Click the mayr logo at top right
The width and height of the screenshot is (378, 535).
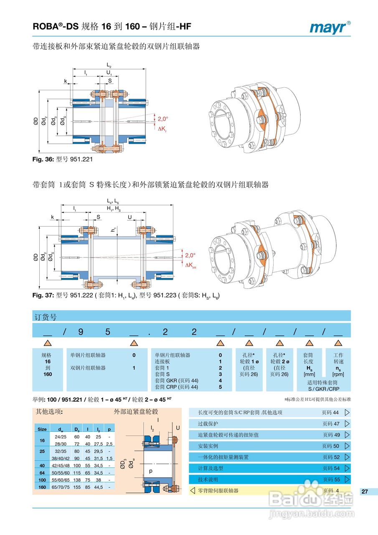[330, 27]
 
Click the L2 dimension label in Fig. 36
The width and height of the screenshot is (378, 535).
[109, 66]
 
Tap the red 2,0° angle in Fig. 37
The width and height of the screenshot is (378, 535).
[190, 255]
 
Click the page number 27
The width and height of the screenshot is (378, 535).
[364, 492]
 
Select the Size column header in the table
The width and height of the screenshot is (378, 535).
[42, 429]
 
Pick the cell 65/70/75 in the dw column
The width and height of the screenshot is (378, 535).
[59, 487]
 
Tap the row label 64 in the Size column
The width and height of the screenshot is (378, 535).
[42, 472]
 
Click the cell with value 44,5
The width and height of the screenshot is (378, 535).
[99, 487]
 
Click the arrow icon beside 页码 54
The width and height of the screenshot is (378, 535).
[347, 468]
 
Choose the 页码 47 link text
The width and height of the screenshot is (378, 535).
[330, 423]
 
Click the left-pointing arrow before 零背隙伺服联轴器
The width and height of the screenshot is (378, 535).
[193, 490]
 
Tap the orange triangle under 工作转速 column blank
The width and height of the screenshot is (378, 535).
[338, 343]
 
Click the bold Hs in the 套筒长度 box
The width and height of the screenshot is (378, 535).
[310, 368]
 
